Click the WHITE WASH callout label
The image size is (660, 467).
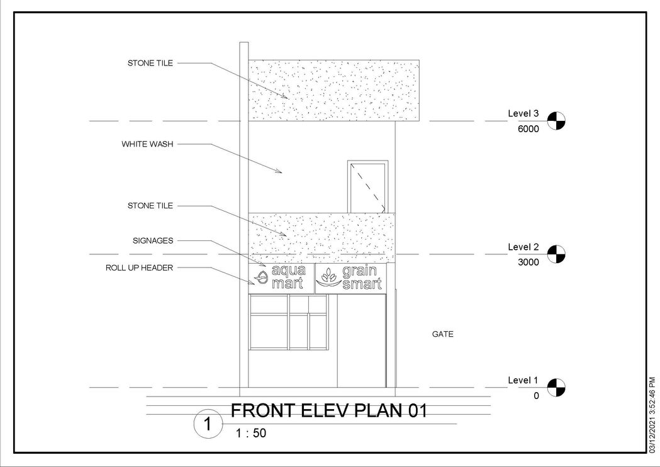pos(147,144)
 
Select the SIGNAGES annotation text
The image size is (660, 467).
pos(153,240)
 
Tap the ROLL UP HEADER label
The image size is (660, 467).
pos(139,267)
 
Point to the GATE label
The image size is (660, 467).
pos(442,334)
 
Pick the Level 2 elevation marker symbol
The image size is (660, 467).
pos(556,254)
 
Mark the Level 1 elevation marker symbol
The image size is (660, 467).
pos(556,387)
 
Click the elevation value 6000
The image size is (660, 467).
pos(529,129)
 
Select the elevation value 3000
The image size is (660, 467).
pos(529,263)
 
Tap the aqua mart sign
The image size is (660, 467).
pos(282,278)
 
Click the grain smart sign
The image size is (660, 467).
pos(350,278)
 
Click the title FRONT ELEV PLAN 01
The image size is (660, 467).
pos(329,411)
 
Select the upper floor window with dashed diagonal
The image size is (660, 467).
pos(367,186)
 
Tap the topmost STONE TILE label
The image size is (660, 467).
pos(150,63)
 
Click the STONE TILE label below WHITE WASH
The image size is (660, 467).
pos(150,206)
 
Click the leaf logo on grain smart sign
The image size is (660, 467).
pos(328,278)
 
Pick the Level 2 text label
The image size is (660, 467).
pos(523,247)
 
